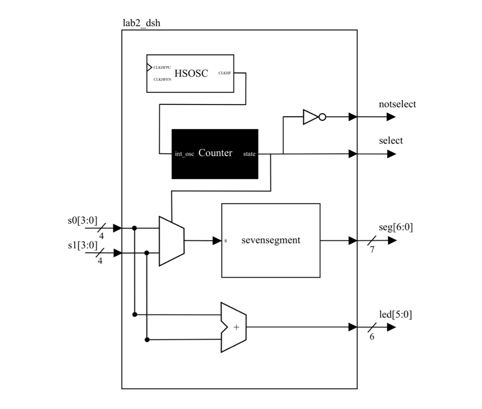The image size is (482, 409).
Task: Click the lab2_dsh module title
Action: coord(141,23)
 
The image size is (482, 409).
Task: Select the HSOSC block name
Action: coord(191,73)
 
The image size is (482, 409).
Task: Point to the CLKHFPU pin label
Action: coord(162,68)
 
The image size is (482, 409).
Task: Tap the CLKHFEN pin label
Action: coord(162,79)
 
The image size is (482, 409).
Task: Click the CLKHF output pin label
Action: coord(225,73)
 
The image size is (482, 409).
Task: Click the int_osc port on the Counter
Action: coord(184,154)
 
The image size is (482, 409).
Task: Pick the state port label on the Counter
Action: coord(249,154)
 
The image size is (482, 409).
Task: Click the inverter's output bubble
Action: coord(323,117)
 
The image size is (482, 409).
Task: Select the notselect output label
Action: coord(397,104)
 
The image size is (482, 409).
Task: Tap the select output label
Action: coord(391,141)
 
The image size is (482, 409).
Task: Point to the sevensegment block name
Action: coord(271,240)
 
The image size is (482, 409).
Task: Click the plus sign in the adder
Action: coord(236,327)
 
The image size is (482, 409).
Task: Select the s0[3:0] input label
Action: coord(83,220)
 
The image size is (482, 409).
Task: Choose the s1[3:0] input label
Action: coord(83,245)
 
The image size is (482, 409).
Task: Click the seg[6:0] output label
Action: coord(396,227)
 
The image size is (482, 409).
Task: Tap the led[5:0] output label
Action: coord(395,315)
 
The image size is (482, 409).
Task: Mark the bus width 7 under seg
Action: coord(372,250)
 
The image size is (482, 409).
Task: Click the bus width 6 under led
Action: coord(372,337)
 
